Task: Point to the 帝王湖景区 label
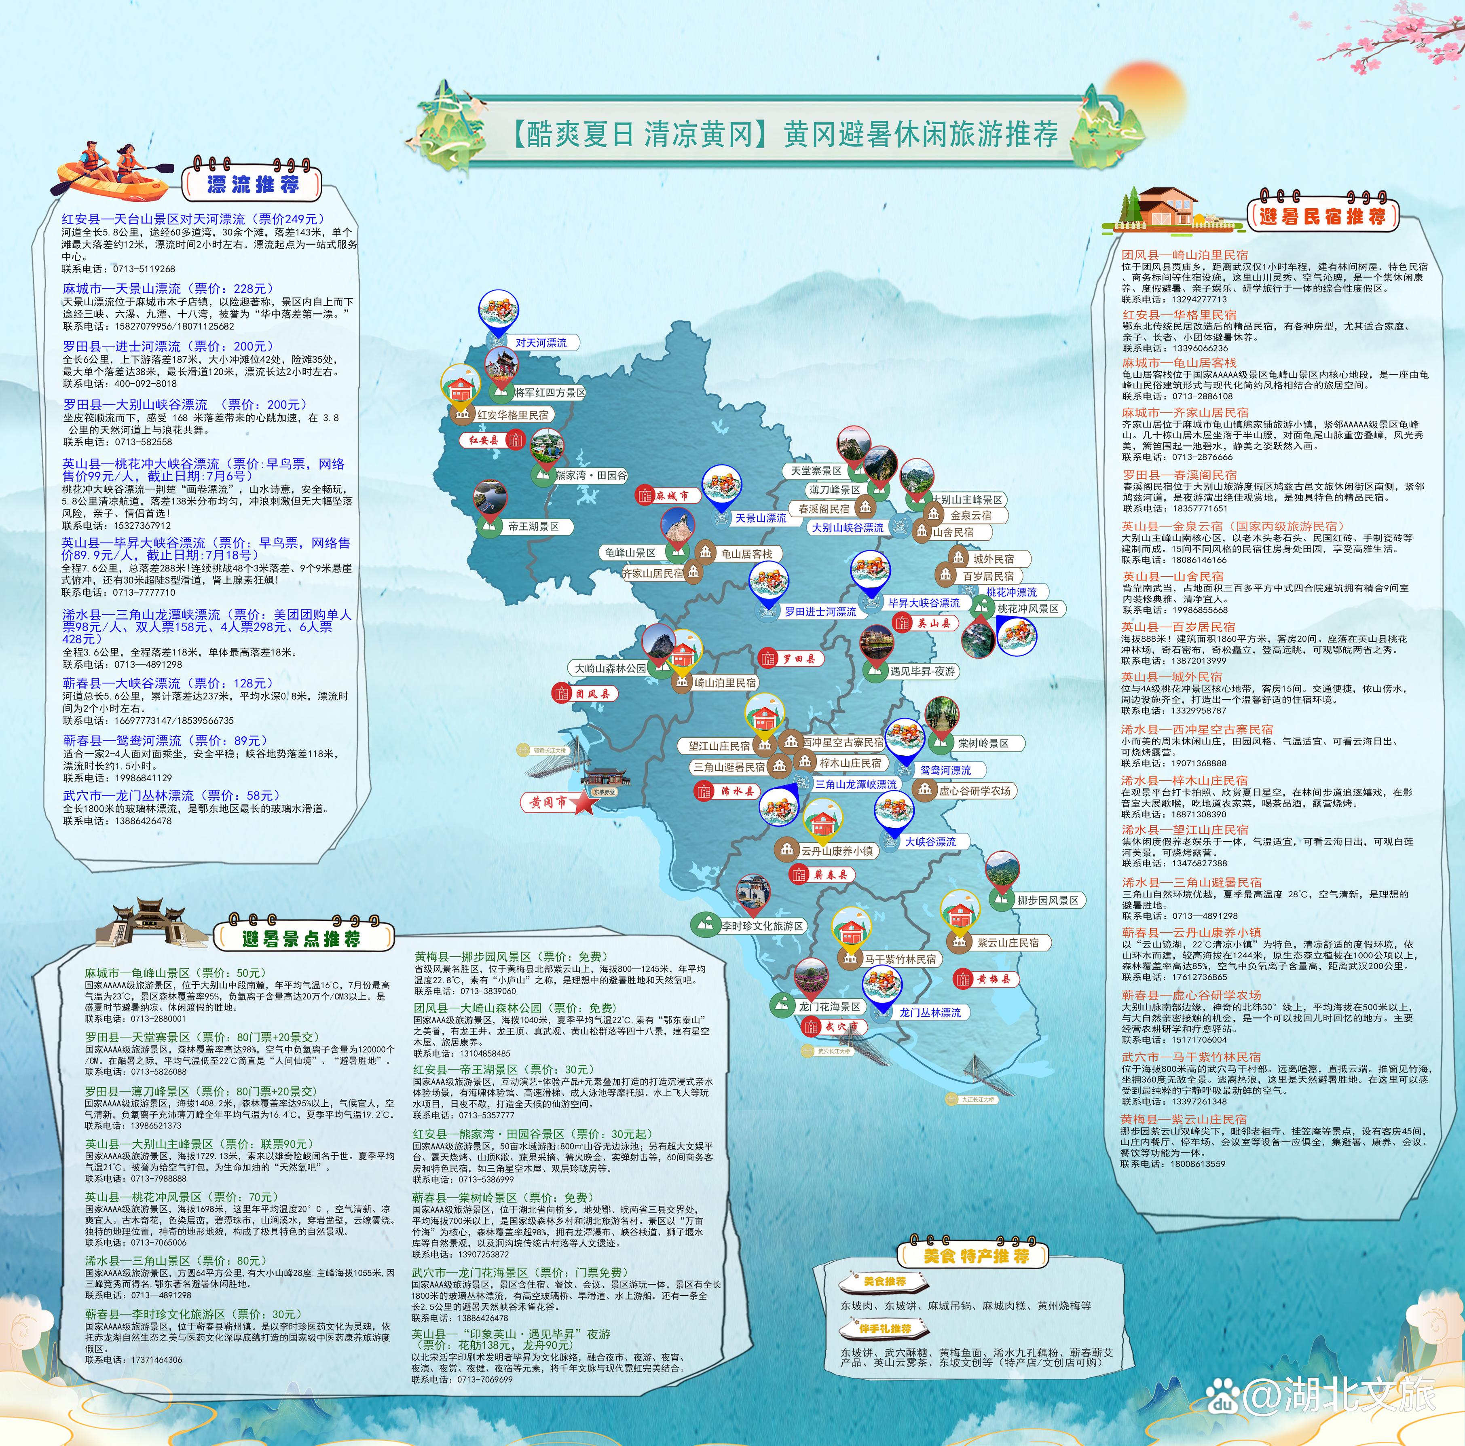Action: pyautogui.click(x=533, y=526)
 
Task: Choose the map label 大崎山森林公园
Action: pyautogui.click(x=610, y=668)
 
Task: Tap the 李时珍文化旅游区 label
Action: pyautogui.click(x=761, y=926)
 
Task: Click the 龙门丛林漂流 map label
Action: pyautogui.click(x=930, y=1012)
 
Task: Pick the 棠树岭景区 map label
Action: pyautogui.click(x=983, y=743)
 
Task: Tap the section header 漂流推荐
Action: pyautogui.click(x=252, y=184)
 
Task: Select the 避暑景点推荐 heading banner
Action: pyautogui.click(x=301, y=939)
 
